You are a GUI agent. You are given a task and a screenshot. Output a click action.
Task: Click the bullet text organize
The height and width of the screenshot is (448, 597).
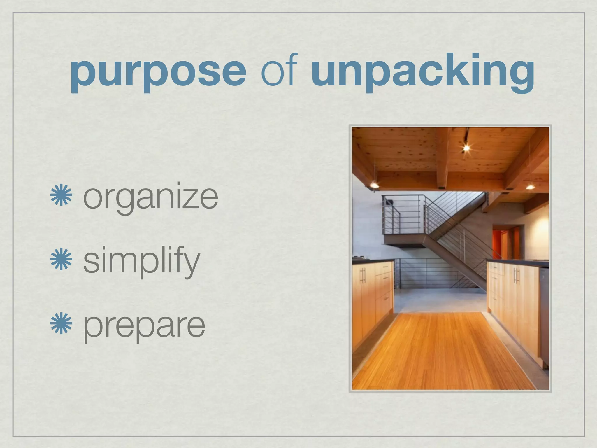point(150,198)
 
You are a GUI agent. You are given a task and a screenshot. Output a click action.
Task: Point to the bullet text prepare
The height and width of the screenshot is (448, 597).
point(144,326)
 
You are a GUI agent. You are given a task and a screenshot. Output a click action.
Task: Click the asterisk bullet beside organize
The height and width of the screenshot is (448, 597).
point(61,195)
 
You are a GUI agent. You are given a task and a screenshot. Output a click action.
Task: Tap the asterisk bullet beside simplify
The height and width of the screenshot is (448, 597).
point(61,259)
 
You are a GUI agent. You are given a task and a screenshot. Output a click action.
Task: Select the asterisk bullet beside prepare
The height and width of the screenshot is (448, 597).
point(61,323)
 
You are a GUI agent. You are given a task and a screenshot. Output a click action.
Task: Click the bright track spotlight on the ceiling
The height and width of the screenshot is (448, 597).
point(466,148)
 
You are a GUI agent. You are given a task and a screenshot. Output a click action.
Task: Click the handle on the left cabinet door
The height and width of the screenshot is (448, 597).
point(363,276)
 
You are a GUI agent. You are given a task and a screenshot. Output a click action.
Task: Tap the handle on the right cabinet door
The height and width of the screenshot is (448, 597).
point(516,276)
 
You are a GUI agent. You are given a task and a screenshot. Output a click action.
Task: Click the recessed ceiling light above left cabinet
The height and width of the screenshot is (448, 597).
point(374,185)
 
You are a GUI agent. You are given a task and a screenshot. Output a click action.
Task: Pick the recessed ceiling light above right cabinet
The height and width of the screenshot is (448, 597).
point(530,187)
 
